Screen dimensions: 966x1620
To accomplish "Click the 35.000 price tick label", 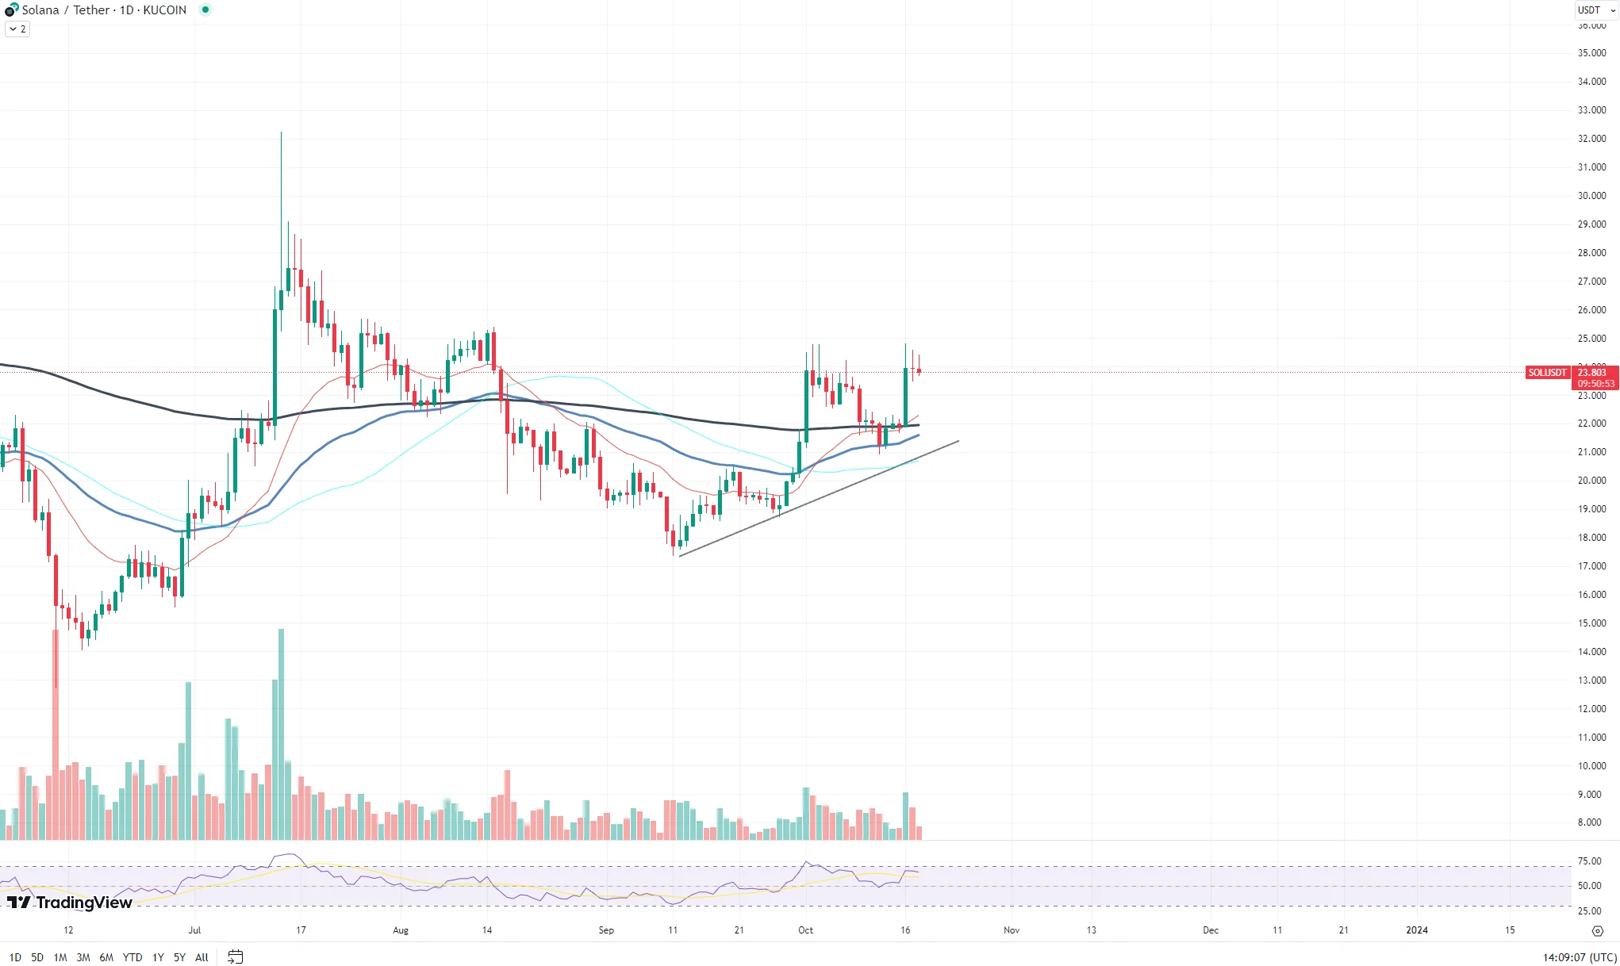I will [x=1591, y=53].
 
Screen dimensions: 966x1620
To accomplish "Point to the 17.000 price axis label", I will [x=1591, y=566].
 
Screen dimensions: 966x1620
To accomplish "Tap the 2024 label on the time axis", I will [x=1416, y=930].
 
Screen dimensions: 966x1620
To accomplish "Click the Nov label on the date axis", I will [x=1011, y=930].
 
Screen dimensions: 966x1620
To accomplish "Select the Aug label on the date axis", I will [x=401, y=930].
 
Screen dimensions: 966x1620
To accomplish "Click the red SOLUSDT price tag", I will [x=1547, y=373].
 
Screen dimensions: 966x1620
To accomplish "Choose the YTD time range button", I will [x=132, y=957].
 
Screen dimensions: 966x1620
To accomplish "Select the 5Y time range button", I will [x=179, y=957].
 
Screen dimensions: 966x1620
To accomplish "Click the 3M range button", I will [x=83, y=957].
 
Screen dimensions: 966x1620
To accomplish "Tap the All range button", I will [x=202, y=957].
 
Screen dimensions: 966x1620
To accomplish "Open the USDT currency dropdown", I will [x=1595, y=10].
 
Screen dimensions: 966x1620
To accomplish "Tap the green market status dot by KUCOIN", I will [x=205, y=10].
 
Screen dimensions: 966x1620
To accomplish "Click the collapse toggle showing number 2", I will [x=17, y=29].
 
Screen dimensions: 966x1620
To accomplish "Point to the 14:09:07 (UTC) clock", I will [x=1579, y=957].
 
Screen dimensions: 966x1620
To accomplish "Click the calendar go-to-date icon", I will [x=235, y=957].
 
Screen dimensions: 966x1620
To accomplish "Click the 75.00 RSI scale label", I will [x=1589, y=861].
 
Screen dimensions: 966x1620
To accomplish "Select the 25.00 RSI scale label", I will [x=1589, y=911].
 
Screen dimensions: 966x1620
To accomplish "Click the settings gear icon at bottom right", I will [x=1598, y=931].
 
